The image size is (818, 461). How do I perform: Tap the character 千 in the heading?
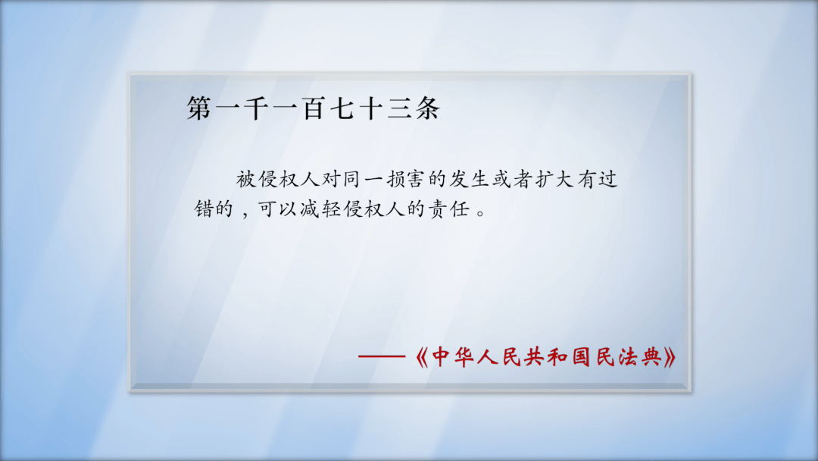click(x=258, y=109)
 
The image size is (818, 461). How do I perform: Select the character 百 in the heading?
click(x=314, y=109)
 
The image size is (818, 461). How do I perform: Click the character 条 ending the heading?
click(x=427, y=109)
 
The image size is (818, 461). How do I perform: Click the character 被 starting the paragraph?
click(x=245, y=180)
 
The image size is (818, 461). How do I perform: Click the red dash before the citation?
click(x=384, y=357)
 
